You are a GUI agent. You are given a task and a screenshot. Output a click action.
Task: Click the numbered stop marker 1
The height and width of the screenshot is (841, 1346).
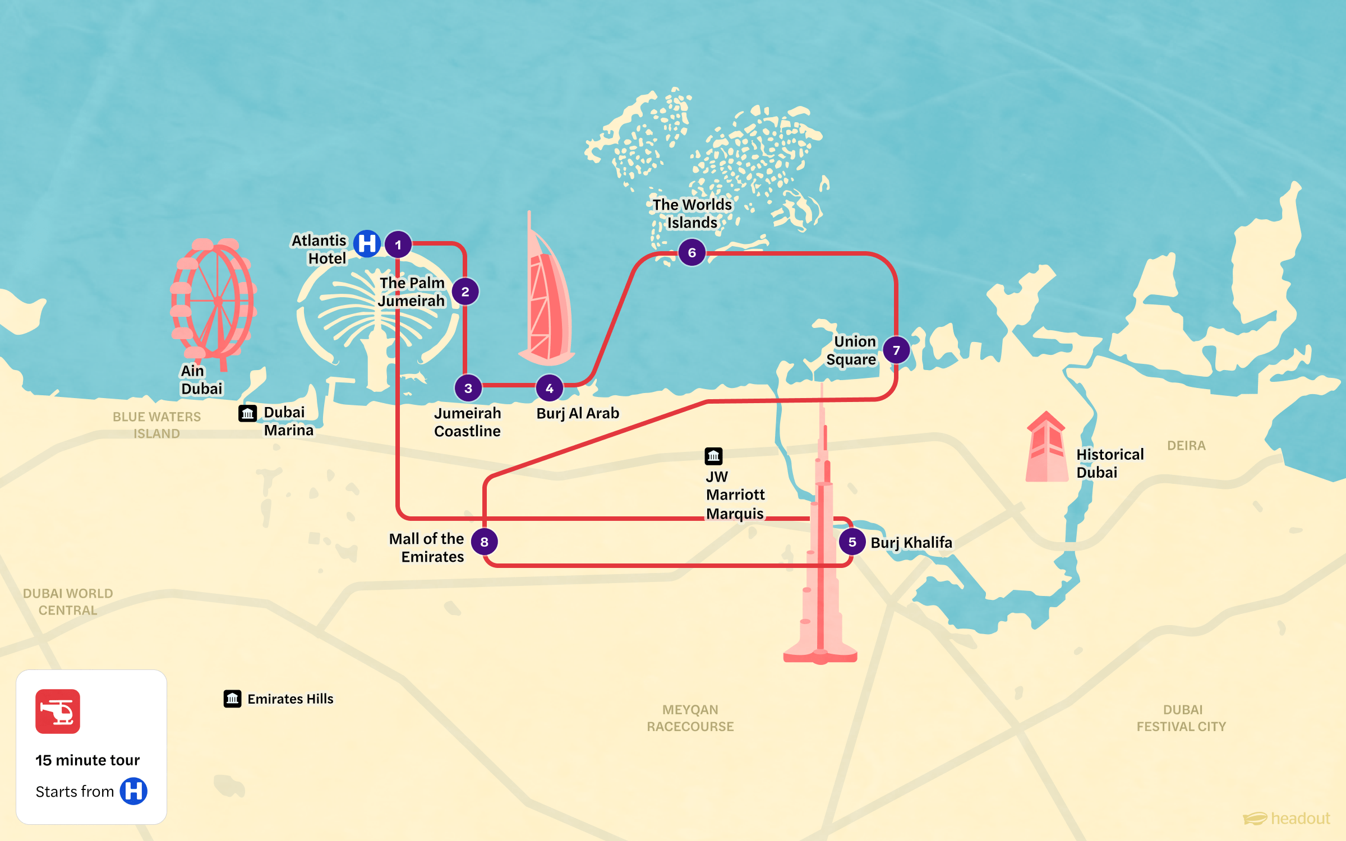tap(398, 244)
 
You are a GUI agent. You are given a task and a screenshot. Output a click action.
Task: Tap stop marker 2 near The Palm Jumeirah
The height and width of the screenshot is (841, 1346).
tap(465, 292)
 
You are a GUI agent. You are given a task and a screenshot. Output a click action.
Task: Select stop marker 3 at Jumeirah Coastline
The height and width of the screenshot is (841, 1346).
tap(468, 388)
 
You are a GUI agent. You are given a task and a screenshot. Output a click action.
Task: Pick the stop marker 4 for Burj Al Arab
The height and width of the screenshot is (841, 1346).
tap(550, 388)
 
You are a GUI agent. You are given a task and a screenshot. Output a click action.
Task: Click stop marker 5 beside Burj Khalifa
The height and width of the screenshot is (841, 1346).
tap(852, 542)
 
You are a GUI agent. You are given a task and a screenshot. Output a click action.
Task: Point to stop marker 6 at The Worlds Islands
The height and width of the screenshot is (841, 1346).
tap(692, 252)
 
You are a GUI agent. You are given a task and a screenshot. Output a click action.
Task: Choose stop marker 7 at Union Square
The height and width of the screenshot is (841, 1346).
tap(896, 350)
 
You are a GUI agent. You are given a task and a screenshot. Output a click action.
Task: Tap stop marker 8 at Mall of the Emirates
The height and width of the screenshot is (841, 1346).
tap(484, 542)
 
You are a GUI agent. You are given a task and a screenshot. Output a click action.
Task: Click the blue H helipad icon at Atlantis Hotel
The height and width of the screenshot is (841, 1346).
tap(367, 244)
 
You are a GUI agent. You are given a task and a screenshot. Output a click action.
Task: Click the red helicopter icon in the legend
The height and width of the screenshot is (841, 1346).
tap(58, 711)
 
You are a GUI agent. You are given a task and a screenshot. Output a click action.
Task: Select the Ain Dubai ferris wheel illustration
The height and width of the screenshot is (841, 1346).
tap(213, 300)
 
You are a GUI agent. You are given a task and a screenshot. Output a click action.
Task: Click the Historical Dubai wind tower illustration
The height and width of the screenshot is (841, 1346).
tap(1046, 449)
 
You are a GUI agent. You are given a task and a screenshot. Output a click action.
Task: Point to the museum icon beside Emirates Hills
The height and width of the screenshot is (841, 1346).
tap(232, 699)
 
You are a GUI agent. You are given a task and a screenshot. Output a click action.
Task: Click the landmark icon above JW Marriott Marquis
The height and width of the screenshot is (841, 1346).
tap(713, 456)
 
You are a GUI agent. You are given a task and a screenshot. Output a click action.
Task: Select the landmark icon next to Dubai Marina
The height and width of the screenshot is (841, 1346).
tap(247, 413)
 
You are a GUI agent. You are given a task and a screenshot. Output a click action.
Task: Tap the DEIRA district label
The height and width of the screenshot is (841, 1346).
tap(1186, 446)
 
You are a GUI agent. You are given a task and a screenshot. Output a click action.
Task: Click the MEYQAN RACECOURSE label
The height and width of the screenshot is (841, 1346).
tap(690, 718)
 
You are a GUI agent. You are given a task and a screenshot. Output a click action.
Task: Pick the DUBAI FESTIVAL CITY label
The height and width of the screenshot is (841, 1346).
tap(1182, 718)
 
